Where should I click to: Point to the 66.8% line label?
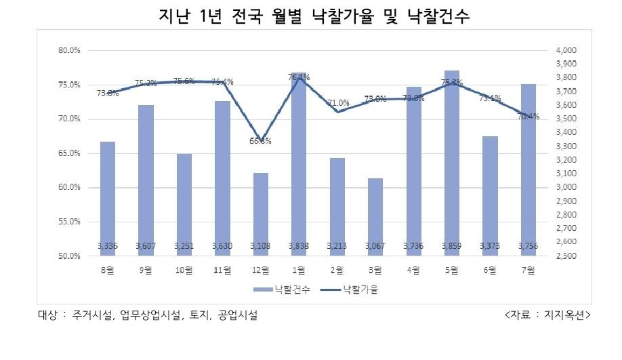pos(261,141)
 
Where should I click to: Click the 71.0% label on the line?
pos(338,103)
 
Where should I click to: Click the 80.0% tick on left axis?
pos(70,51)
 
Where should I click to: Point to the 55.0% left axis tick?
pos(70,222)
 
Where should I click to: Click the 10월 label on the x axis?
pos(184,270)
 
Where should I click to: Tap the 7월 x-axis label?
pos(528,270)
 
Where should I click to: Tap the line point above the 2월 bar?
pos(337,111)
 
